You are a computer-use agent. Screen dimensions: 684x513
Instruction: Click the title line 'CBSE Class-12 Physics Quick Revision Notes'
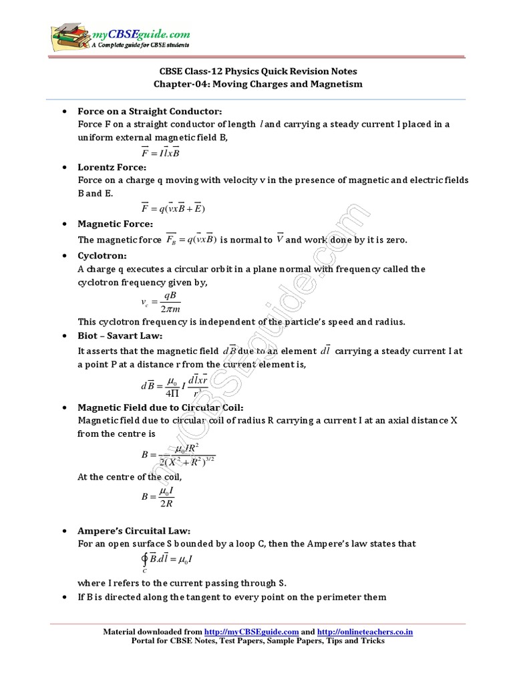click(257, 72)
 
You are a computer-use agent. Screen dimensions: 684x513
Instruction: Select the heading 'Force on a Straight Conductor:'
click(150, 111)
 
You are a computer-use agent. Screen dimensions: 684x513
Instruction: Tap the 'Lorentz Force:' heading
click(112, 166)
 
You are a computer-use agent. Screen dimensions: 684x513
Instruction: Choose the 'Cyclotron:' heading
click(102, 255)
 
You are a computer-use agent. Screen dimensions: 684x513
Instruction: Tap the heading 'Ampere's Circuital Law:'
click(134, 530)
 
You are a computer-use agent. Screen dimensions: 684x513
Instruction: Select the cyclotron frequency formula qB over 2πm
click(160, 302)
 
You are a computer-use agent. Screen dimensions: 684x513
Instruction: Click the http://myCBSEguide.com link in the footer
click(250, 631)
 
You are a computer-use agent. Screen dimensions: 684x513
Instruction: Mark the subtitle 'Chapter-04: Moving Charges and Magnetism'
click(257, 84)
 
